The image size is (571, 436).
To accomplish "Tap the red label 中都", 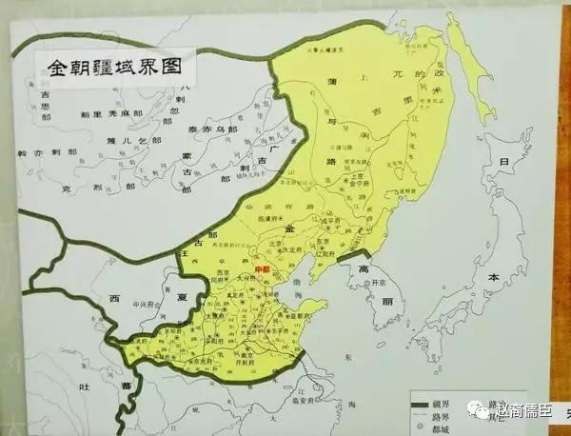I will click(265, 268).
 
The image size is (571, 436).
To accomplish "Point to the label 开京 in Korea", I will click(383, 282).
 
